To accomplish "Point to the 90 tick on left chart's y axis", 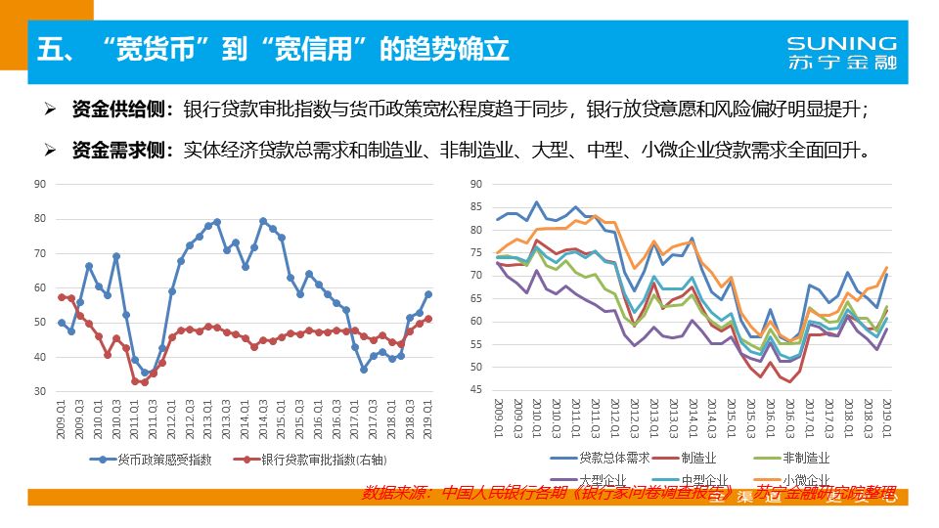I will [40, 184].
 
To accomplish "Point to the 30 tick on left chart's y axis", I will [40, 391].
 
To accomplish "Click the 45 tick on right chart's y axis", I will [475, 390].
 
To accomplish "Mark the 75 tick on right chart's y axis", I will [475, 252].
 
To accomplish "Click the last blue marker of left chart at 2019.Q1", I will [428, 294].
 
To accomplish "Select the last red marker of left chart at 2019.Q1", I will [428, 319].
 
